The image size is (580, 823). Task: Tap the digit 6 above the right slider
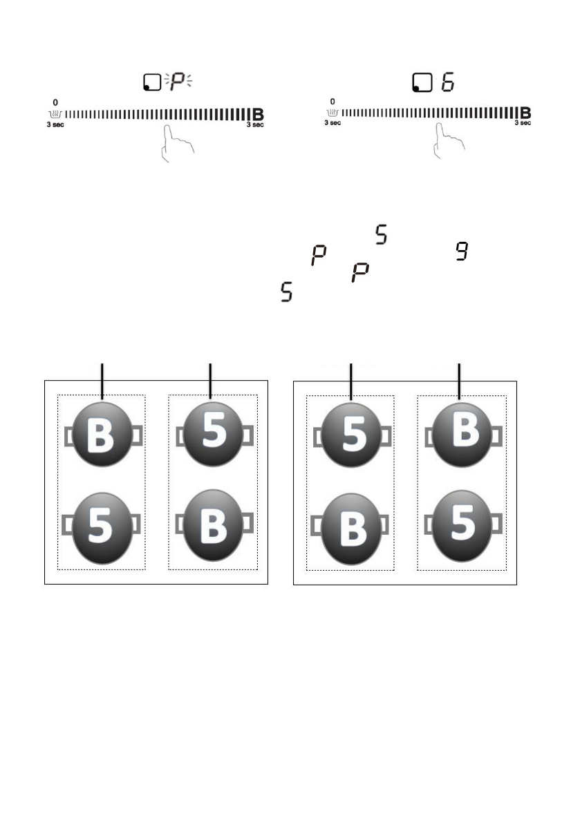(x=450, y=83)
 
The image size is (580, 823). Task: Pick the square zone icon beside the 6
(x=420, y=84)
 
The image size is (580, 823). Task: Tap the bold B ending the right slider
(x=525, y=113)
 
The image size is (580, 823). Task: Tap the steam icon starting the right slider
(x=333, y=112)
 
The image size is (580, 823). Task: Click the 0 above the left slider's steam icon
(x=55, y=102)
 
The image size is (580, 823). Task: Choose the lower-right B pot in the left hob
(x=214, y=525)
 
